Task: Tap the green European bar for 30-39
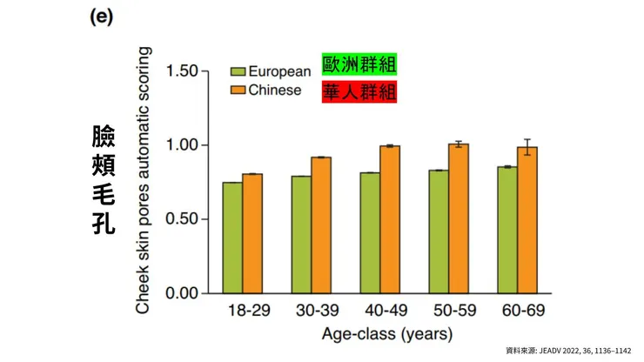(x=301, y=234)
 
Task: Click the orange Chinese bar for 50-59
(x=459, y=218)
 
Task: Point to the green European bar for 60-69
(x=507, y=230)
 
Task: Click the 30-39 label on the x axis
(x=312, y=311)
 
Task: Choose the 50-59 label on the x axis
(x=449, y=311)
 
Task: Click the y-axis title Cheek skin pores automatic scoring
(x=145, y=181)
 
